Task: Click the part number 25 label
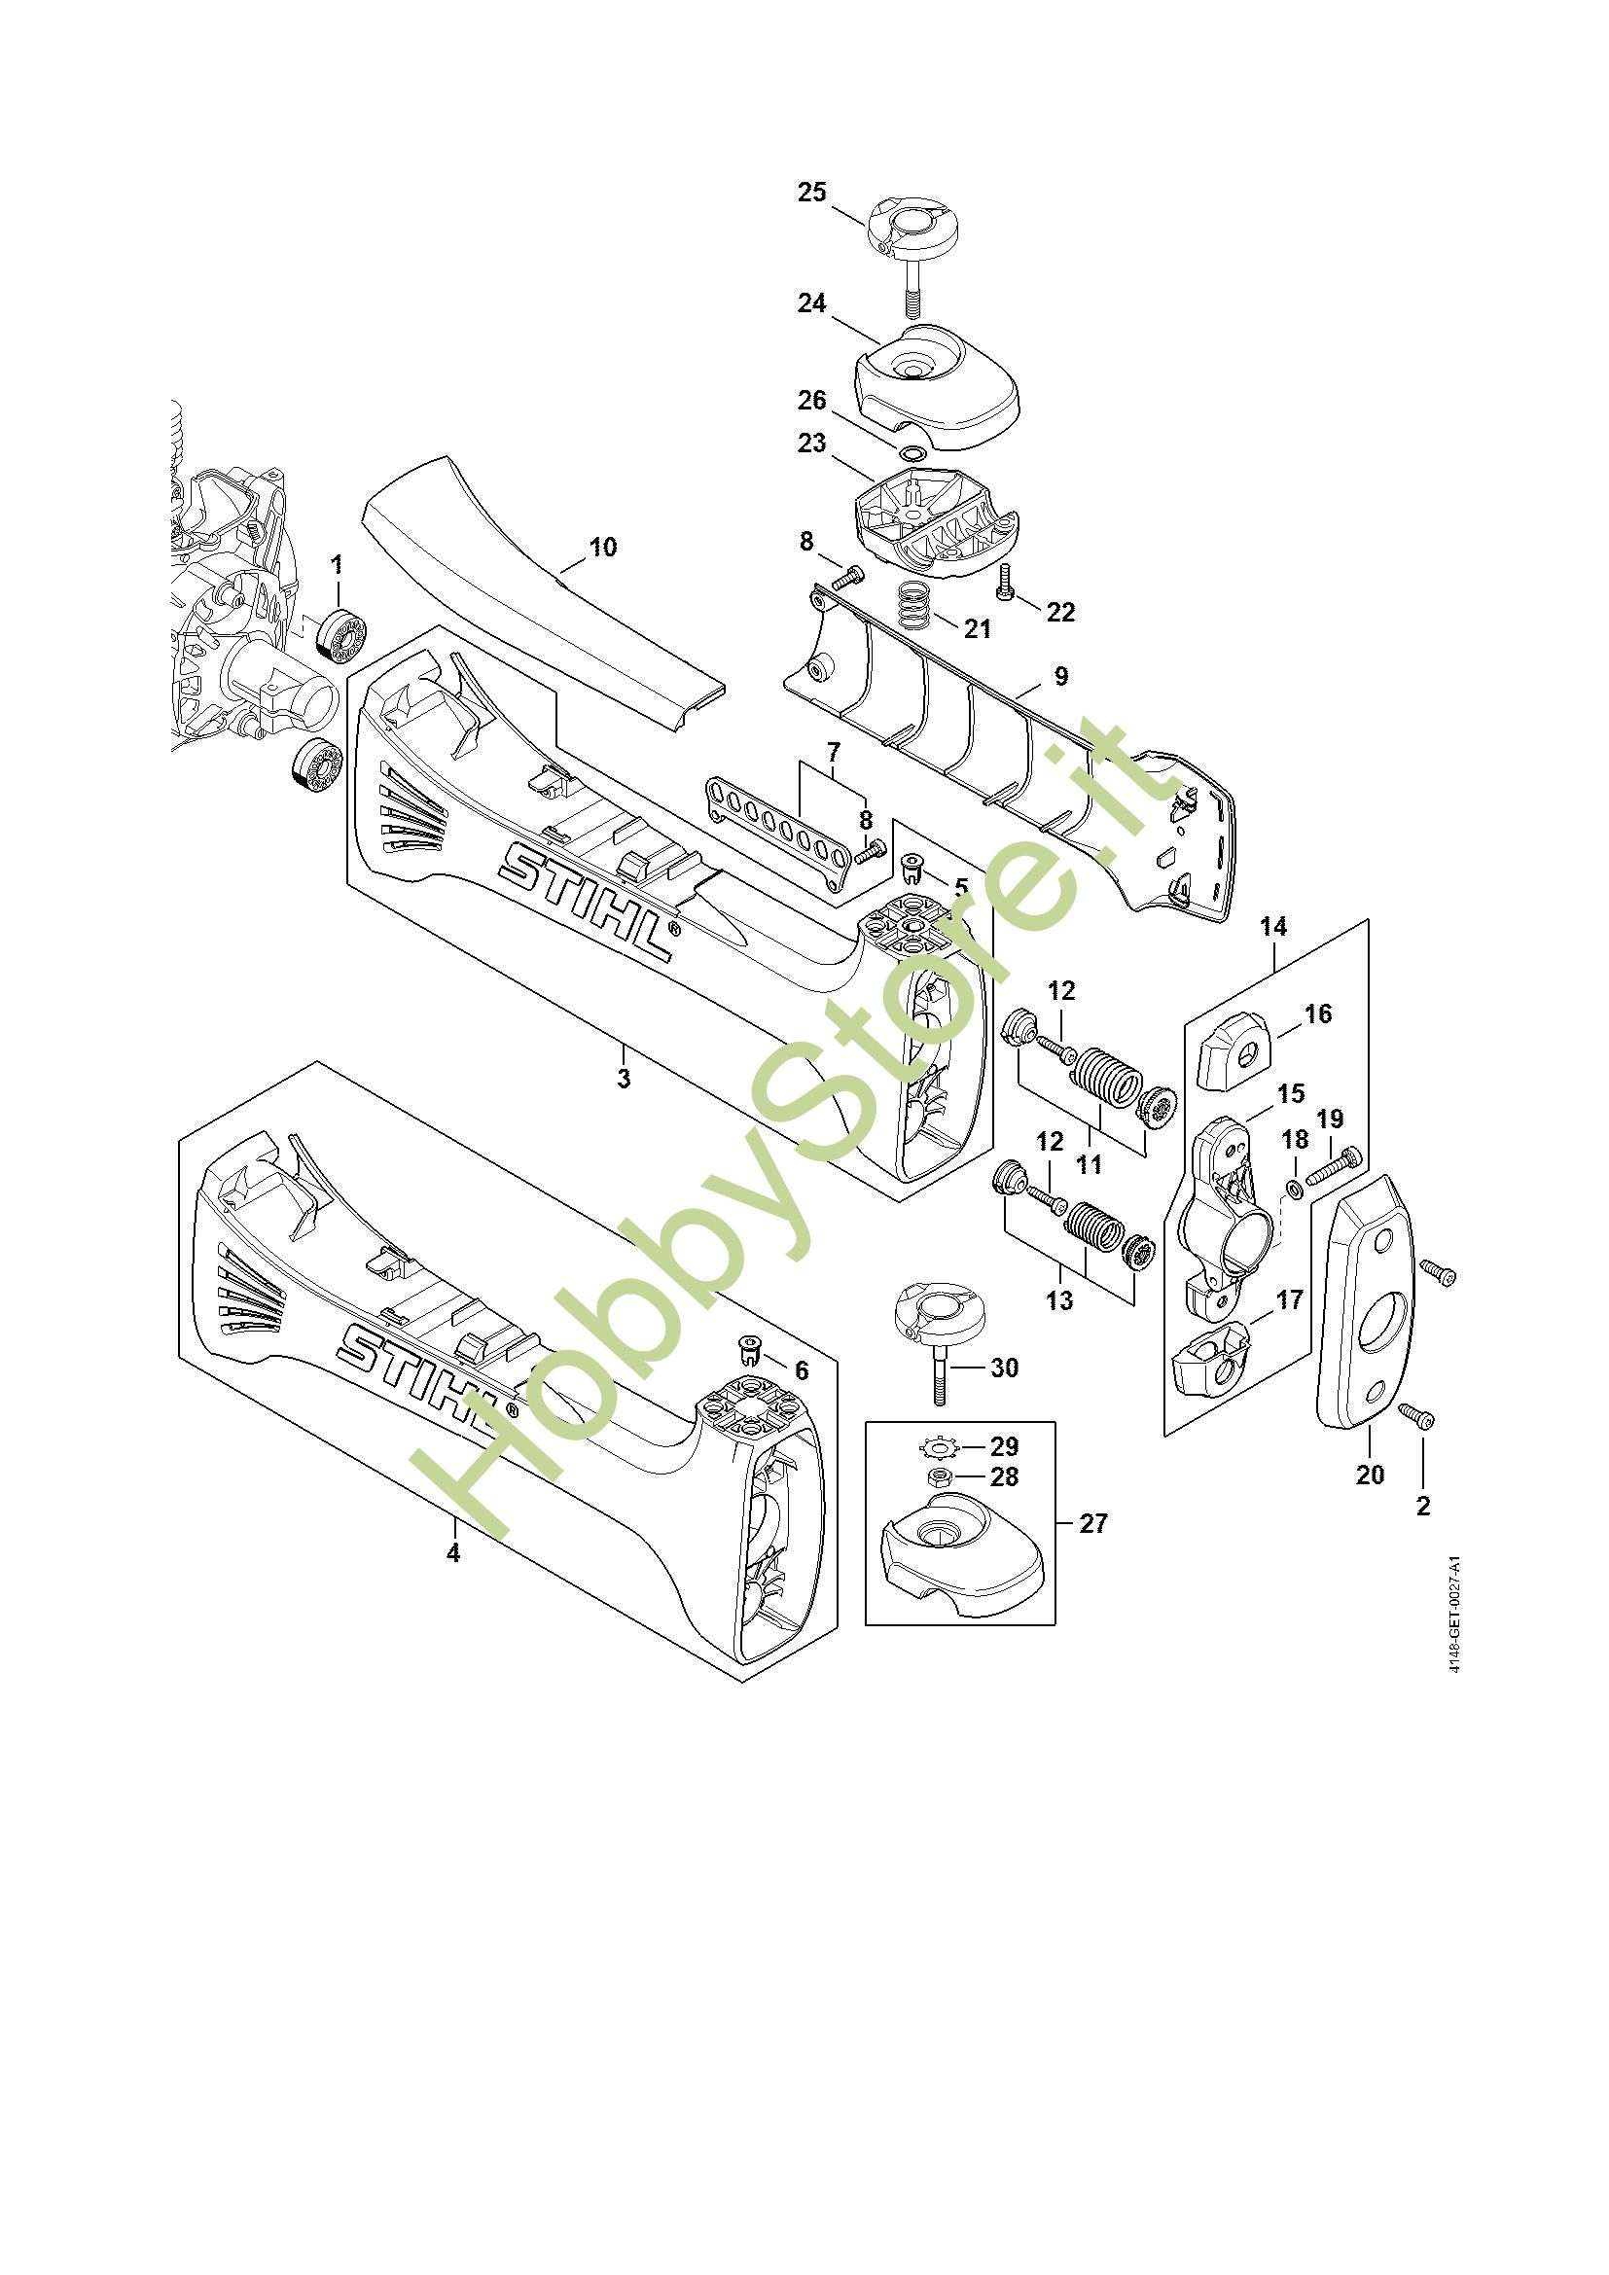point(811,193)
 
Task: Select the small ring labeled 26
point(912,453)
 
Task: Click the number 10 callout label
point(602,547)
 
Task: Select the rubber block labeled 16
point(1234,1052)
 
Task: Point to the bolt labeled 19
point(1334,1165)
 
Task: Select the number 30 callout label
point(1005,1368)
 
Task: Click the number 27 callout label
point(1092,1523)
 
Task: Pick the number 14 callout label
point(1273,927)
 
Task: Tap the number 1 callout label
point(337,565)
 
